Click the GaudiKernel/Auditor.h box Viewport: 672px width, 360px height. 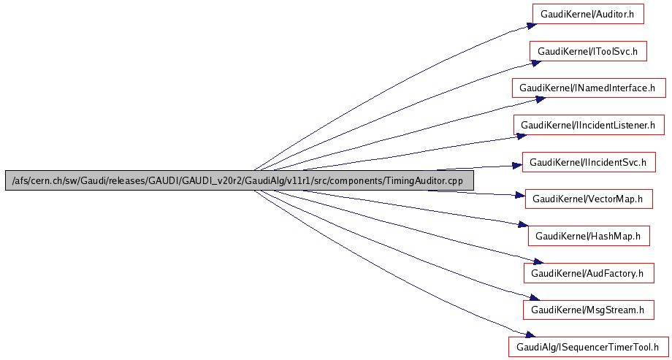pyautogui.click(x=581, y=14)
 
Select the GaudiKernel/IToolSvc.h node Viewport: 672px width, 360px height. pyautogui.click(x=587, y=51)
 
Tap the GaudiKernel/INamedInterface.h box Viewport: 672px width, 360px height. pyautogui.click(x=588, y=88)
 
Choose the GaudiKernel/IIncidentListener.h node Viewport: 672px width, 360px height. pyautogui.click(x=588, y=126)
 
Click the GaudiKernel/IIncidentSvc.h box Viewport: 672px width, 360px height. pyautogui.click(x=588, y=162)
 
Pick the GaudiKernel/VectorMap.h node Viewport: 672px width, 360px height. pyautogui.click(x=588, y=199)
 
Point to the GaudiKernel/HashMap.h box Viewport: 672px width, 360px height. pyautogui.click(x=588, y=236)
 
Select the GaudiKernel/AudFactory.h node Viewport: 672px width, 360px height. pyautogui.click(x=588, y=273)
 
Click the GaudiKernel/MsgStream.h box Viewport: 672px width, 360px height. pyautogui.click(x=588, y=310)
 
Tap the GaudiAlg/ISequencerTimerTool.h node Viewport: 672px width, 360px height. pyautogui.click(x=588, y=347)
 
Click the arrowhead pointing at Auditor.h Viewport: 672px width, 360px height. pyautogui.click(x=532, y=24)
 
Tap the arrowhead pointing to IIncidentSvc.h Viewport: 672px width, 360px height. pyautogui.click(x=516, y=166)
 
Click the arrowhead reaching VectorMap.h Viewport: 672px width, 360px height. pyautogui.click(x=518, y=196)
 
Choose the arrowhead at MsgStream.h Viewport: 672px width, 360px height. pyautogui.click(x=531, y=298)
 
